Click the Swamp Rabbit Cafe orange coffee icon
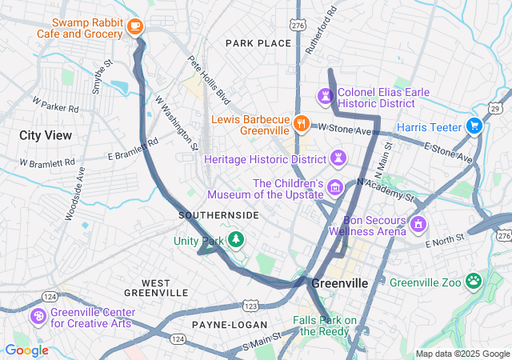tap(134, 26)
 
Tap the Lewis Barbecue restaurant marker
tap(302, 123)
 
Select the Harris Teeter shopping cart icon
tap(474, 126)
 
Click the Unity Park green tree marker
tap(236, 239)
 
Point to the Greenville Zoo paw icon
tap(474, 282)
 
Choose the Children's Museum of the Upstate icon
tap(334, 188)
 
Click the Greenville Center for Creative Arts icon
tap(38, 316)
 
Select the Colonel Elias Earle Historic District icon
tap(326, 97)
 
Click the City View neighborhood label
tap(46, 135)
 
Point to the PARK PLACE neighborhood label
tap(258, 42)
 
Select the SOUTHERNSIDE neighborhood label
tap(218, 215)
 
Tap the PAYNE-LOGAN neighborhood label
tap(224, 325)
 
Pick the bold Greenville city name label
tap(339, 284)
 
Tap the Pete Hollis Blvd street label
tap(209, 80)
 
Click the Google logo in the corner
tap(26, 350)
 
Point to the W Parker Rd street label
tap(55, 104)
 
